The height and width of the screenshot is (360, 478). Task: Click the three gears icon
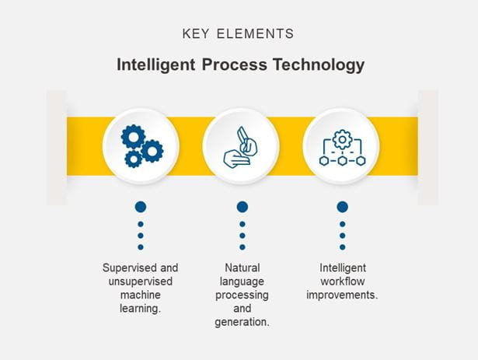click(141, 145)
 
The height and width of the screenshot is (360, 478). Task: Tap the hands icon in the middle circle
click(241, 146)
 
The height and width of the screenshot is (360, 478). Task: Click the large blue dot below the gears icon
click(141, 207)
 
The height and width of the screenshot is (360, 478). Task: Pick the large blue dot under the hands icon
click(242, 207)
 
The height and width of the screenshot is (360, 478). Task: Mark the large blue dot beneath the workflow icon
click(342, 207)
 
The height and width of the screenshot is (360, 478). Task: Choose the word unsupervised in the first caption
click(141, 281)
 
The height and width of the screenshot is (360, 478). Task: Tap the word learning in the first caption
click(140, 309)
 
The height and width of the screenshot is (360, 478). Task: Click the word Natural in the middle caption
click(242, 268)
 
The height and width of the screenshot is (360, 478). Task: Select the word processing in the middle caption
click(242, 295)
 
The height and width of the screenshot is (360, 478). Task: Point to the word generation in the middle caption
click(242, 322)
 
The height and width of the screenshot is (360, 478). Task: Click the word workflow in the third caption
click(342, 281)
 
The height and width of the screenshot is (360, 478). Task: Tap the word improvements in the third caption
click(342, 295)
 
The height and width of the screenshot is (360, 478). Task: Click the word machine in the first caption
click(141, 295)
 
